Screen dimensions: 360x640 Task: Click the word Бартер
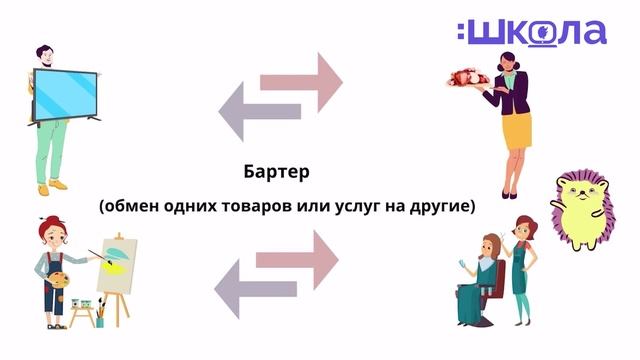[277, 171]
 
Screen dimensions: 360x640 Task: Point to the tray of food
[469, 78]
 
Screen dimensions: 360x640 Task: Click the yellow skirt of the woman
[516, 130]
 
